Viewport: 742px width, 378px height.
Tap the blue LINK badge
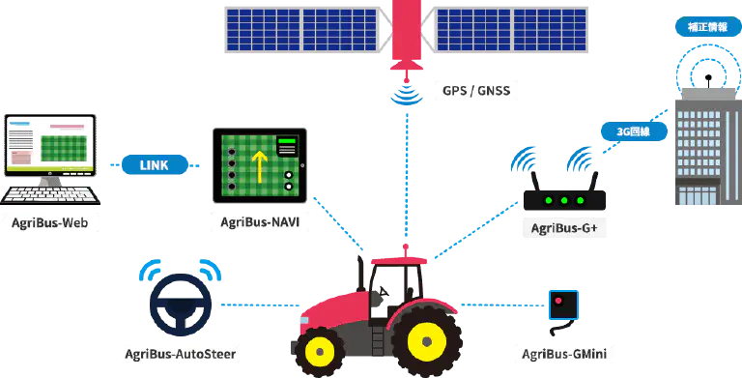(x=154, y=165)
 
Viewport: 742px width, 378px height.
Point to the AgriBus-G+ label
(x=564, y=229)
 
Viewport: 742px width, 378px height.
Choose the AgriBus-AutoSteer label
(x=181, y=353)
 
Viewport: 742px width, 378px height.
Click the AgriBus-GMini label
(x=563, y=353)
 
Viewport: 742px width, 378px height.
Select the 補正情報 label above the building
(x=710, y=28)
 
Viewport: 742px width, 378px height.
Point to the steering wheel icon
(x=181, y=304)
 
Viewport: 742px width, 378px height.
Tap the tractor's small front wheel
(x=318, y=350)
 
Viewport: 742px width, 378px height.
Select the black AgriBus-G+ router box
(x=563, y=200)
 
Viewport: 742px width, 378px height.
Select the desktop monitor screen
(x=50, y=144)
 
